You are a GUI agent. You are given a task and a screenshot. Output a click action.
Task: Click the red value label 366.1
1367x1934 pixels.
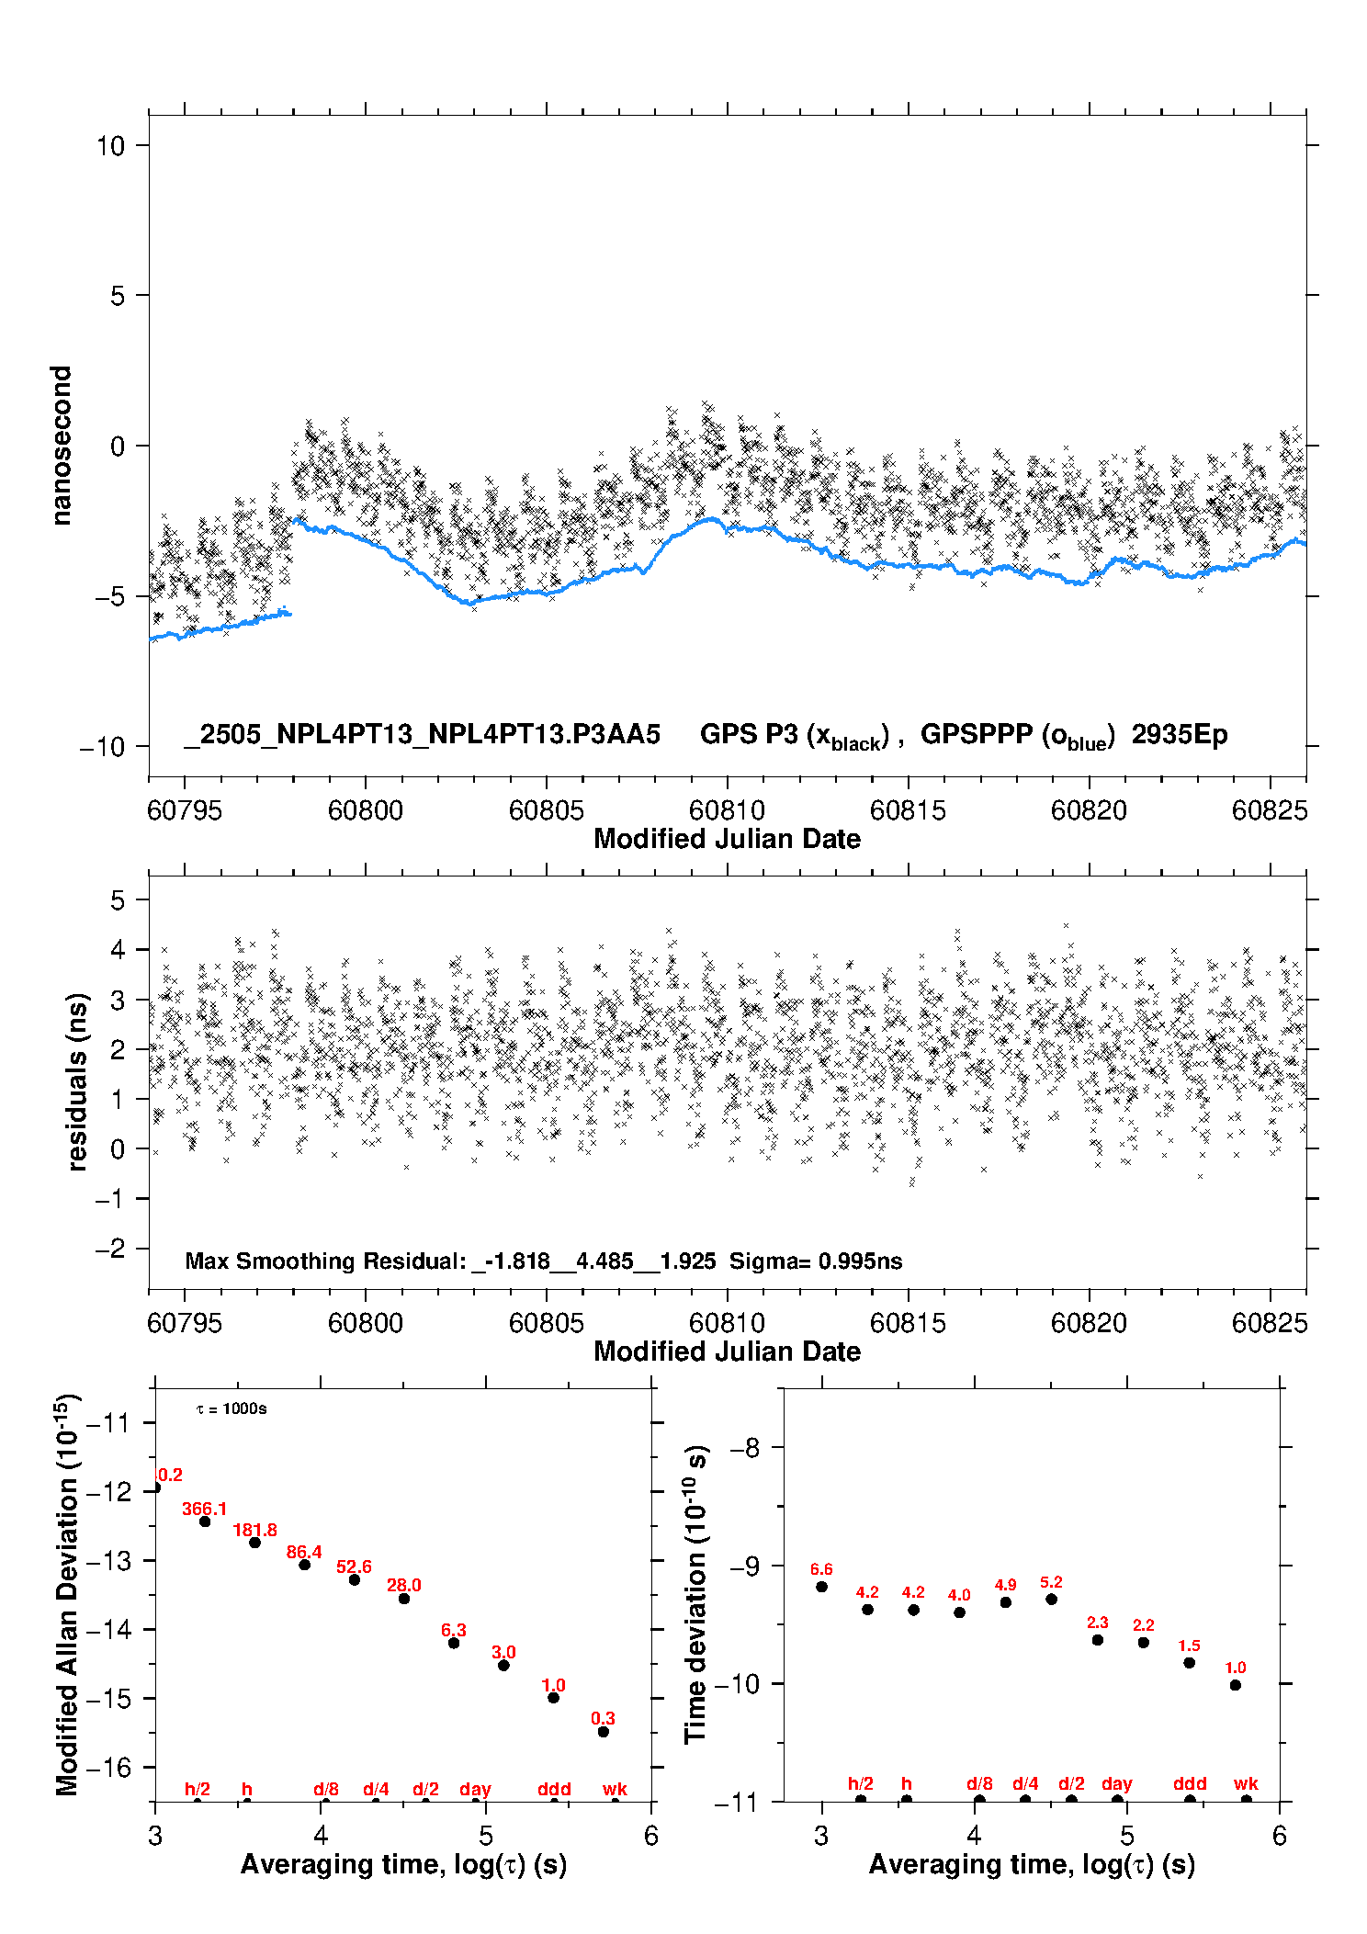[x=204, y=1509]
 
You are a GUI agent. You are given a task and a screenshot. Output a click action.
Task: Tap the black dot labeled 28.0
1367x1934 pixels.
[x=404, y=1599]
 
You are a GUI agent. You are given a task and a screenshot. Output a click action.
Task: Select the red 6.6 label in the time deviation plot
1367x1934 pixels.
[x=821, y=1569]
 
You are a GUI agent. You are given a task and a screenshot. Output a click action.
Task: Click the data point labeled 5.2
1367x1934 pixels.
[x=1052, y=1600]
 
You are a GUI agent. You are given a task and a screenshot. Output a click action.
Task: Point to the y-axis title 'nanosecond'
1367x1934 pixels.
[x=62, y=446]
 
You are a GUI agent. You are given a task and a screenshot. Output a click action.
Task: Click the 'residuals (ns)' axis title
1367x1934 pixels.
[x=77, y=1081]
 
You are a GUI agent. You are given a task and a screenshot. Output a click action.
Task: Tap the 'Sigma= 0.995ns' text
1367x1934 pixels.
[x=816, y=1261]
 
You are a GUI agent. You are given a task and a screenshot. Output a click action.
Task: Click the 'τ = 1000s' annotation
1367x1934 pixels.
[x=232, y=1408]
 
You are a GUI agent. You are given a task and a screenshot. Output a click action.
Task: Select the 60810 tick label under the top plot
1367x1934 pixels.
[x=727, y=810]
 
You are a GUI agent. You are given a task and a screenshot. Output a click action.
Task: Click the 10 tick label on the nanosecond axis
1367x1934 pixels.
[x=111, y=145]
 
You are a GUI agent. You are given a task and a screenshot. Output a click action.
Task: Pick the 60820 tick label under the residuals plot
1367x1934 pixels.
[x=1089, y=1323]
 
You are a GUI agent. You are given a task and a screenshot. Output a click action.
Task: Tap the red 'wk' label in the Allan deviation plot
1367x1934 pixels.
[x=615, y=1789]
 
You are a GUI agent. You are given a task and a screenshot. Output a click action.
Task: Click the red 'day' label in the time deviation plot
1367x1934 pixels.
[x=1117, y=1784]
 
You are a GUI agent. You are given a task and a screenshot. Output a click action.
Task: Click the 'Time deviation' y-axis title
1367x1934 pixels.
[x=695, y=1594]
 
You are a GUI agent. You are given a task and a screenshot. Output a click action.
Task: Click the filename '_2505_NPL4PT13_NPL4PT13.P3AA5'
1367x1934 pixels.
[x=423, y=735]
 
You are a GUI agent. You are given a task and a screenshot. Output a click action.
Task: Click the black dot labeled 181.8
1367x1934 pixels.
[x=255, y=1543]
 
